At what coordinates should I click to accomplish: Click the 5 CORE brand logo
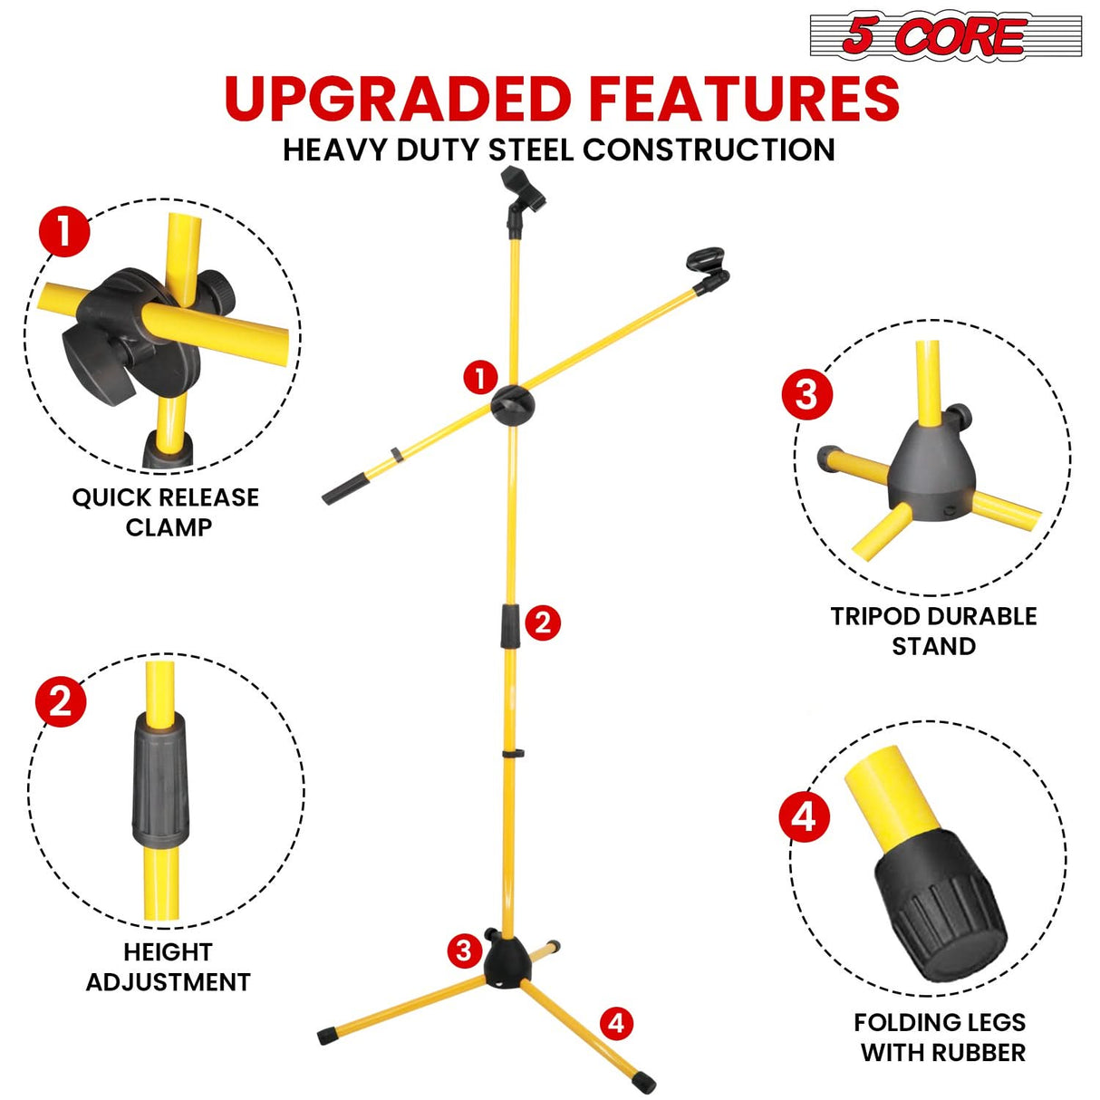point(944,37)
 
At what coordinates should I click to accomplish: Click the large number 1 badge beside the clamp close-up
point(64,232)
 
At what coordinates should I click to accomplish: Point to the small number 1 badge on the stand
point(480,378)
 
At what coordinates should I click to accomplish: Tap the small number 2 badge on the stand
point(543,622)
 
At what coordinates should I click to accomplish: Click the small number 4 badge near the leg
point(616,1023)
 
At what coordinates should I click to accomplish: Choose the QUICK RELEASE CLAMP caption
point(166,512)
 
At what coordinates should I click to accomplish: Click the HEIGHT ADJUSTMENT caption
point(168,967)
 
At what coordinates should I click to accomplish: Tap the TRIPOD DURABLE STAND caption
point(933,631)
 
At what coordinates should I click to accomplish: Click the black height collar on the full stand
point(510,626)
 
